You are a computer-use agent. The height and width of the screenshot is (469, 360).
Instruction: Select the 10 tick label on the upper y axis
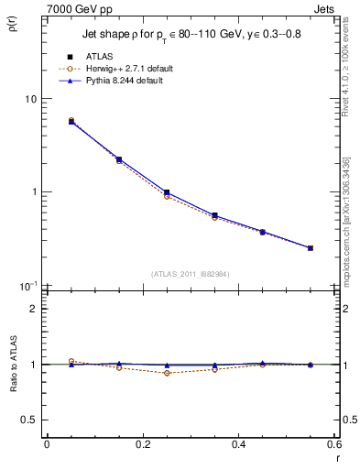[30, 99]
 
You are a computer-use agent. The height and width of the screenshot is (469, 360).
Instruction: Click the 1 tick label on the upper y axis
[34, 192]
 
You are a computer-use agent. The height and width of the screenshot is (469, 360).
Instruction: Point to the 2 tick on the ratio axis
[34, 309]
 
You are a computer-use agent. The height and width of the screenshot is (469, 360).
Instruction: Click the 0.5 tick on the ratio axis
[29, 420]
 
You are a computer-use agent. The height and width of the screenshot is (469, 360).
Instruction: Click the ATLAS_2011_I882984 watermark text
[190, 274]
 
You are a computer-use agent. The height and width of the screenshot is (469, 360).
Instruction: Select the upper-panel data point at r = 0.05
[71, 121]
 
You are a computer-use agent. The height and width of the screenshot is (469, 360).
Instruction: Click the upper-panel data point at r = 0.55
[311, 247]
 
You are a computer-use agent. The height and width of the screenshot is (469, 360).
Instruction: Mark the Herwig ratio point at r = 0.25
[167, 373]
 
